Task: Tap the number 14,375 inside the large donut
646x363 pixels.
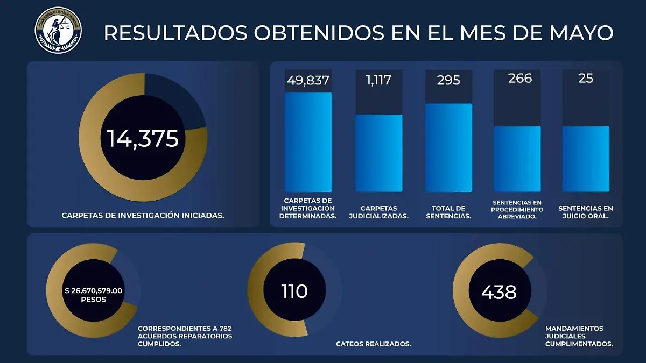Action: [143, 139]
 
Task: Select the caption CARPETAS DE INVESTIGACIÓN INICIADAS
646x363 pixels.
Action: [143, 215]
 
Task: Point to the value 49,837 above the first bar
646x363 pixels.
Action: [308, 80]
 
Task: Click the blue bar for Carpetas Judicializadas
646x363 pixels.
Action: [378, 153]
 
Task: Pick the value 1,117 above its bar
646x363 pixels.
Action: [378, 80]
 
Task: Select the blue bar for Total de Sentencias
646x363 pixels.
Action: [448, 148]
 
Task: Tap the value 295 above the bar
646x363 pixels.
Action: [448, 80]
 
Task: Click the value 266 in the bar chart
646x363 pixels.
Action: [519, 79]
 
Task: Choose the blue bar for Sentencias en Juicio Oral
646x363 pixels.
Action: [586, 159]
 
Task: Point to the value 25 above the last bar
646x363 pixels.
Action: [585, 79]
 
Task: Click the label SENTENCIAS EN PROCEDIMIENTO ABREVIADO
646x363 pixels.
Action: [517, 209]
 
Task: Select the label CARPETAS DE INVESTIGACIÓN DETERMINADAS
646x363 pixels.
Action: [308, 208]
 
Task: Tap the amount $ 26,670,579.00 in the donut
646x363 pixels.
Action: [94, 290]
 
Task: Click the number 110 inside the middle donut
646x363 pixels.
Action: [294, 291]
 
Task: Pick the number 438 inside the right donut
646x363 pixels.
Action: [499, 292]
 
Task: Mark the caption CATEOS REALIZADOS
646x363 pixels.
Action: [374, 344]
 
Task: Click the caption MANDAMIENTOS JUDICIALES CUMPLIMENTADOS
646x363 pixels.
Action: [579, 336]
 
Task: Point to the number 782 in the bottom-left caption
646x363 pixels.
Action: [225, 328]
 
